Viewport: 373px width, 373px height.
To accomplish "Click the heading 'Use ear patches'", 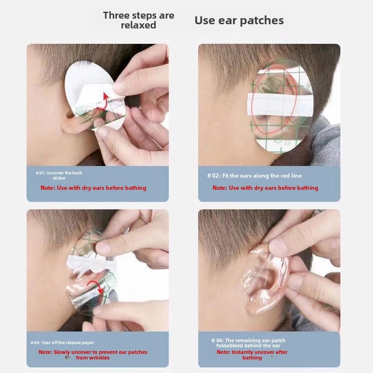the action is [239, 21].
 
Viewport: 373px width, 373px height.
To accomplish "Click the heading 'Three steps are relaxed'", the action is [138, 20].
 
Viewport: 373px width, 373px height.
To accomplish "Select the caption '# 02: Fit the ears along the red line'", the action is [254, 176].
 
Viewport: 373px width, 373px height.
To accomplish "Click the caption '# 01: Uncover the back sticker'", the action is [59, 175].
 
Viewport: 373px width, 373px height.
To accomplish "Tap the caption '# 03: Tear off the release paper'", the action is [62, 343].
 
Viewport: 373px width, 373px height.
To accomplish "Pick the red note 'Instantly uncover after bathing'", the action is [252, 355].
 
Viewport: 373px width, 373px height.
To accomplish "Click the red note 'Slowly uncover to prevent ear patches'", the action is [93, 352].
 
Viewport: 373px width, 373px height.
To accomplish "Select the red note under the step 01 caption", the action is [93, 188].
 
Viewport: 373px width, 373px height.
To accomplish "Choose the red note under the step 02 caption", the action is [265, 188].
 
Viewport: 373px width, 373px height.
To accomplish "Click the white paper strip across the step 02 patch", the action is [280, 105].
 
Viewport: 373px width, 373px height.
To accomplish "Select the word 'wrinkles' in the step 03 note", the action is [98, 358].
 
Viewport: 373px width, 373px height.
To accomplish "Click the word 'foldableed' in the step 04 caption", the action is [229, 345].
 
